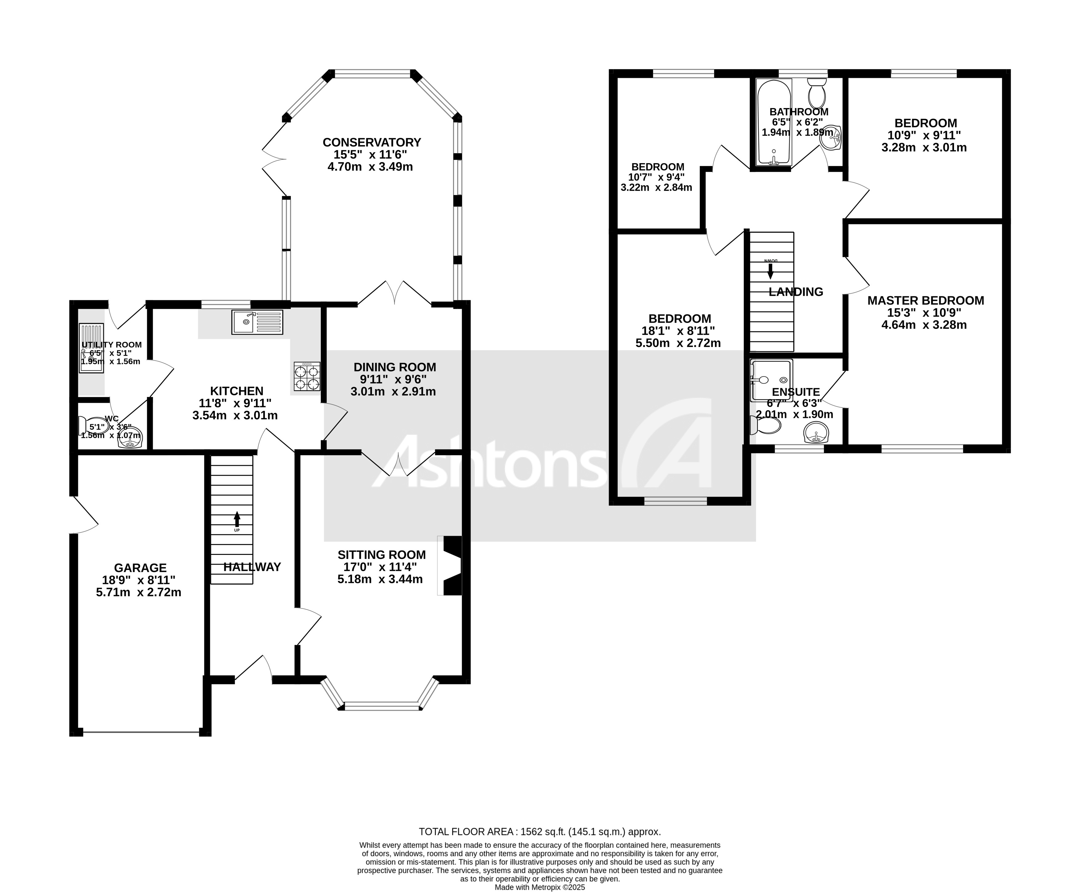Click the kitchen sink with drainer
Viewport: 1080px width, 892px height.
257,322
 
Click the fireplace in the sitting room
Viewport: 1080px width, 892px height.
451,566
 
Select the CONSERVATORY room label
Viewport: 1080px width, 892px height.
371,142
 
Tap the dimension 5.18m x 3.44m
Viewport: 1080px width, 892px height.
380,579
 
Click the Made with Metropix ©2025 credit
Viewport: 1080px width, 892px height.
540,887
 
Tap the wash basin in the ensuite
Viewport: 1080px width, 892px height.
816,433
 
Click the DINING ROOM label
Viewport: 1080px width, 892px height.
394,367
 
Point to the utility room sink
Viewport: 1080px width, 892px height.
91,348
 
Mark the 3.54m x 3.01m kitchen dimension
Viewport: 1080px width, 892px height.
235,415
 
